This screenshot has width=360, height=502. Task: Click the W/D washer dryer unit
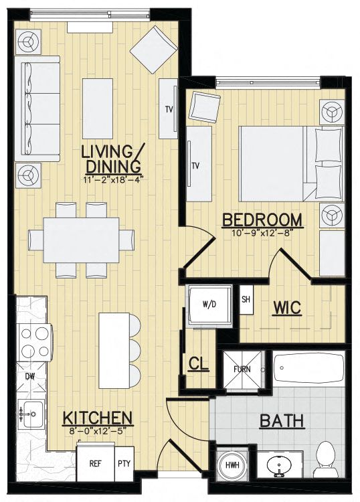209,305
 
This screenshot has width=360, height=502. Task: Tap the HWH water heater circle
233,465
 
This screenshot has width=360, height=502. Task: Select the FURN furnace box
242,369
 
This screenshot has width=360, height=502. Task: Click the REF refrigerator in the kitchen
96,464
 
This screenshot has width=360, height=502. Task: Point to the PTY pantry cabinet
124,464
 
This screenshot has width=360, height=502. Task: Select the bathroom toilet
327,459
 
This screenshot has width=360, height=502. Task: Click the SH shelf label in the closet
246,299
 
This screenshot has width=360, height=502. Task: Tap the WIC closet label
287,307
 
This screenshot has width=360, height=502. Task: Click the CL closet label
198,364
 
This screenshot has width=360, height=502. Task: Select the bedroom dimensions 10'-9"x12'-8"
262,233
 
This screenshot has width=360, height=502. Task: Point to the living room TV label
169,110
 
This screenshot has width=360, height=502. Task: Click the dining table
81,240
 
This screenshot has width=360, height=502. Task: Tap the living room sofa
37,109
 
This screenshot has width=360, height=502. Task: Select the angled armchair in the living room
154,50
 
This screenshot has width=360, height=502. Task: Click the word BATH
282,421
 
